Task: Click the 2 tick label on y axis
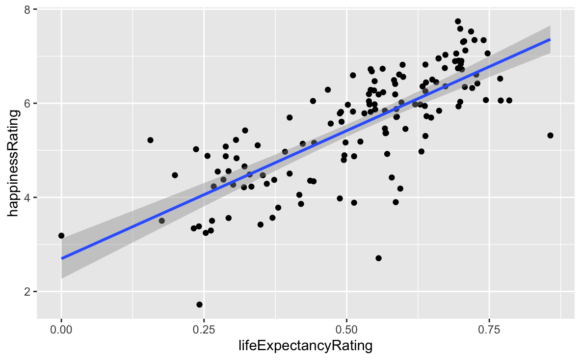pos(29,292)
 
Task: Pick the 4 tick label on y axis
pos(29,197)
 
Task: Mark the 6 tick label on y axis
pos(29,104)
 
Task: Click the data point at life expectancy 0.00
pos(61,236)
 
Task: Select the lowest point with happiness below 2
pos(199,305)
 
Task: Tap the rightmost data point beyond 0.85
pos(550,136)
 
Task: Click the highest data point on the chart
pos(458,22)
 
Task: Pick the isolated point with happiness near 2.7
pos(378,258)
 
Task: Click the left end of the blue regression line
pos(62,258)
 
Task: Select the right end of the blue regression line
pos(550,39)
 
